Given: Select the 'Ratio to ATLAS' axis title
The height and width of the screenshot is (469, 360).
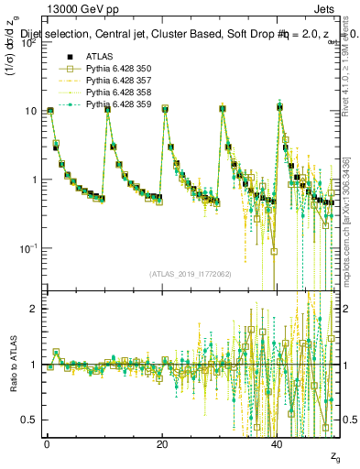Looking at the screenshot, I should click(11, 365).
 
